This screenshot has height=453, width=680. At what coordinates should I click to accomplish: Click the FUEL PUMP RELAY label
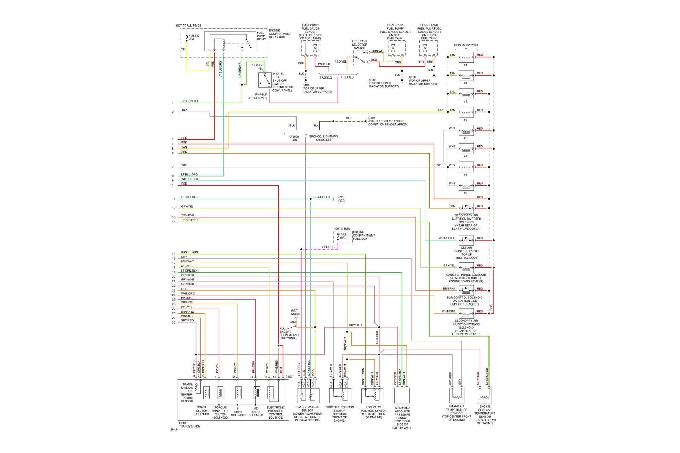[x=261, y=36]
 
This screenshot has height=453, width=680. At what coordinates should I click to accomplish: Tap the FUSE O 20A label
[x=194, y=37]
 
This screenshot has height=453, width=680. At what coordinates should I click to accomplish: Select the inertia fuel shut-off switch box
[x=265, y=80]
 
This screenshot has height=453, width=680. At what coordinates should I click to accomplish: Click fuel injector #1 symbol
[x=466, y=57]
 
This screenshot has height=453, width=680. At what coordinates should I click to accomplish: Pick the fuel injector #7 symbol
[x=466, y=186]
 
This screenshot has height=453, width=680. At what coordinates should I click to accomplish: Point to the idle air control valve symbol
[x=466, y=240]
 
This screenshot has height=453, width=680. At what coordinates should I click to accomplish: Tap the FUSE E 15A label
[x=344, y=236]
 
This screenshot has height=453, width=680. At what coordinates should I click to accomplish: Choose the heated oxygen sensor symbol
[x=309, y=396]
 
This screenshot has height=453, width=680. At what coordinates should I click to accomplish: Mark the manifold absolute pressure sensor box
[x=402, y=396]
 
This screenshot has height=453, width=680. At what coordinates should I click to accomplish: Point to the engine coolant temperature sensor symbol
[x=484, y=396]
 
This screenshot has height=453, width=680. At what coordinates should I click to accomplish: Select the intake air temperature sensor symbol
[x=457, y=396]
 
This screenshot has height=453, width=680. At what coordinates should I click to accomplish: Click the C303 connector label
[x=289, y=377]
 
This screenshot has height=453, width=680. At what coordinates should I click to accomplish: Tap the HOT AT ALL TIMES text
[x=188, y=25]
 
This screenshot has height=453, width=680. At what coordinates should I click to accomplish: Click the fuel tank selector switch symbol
[x=361, y=58]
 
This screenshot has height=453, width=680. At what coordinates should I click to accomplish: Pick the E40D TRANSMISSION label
[x=189, y=425]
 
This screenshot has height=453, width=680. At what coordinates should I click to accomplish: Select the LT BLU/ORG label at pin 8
[x=189, y=175]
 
